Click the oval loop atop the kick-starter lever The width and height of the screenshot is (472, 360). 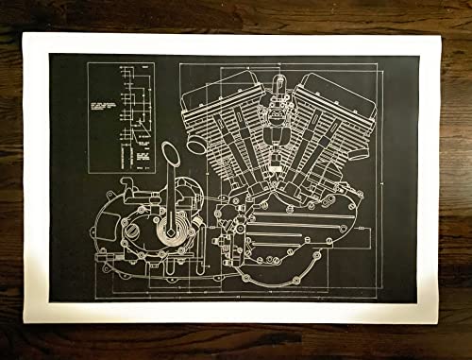click(x=171, y=151)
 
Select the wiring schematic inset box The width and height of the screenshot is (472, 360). click(x=121, y=117)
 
